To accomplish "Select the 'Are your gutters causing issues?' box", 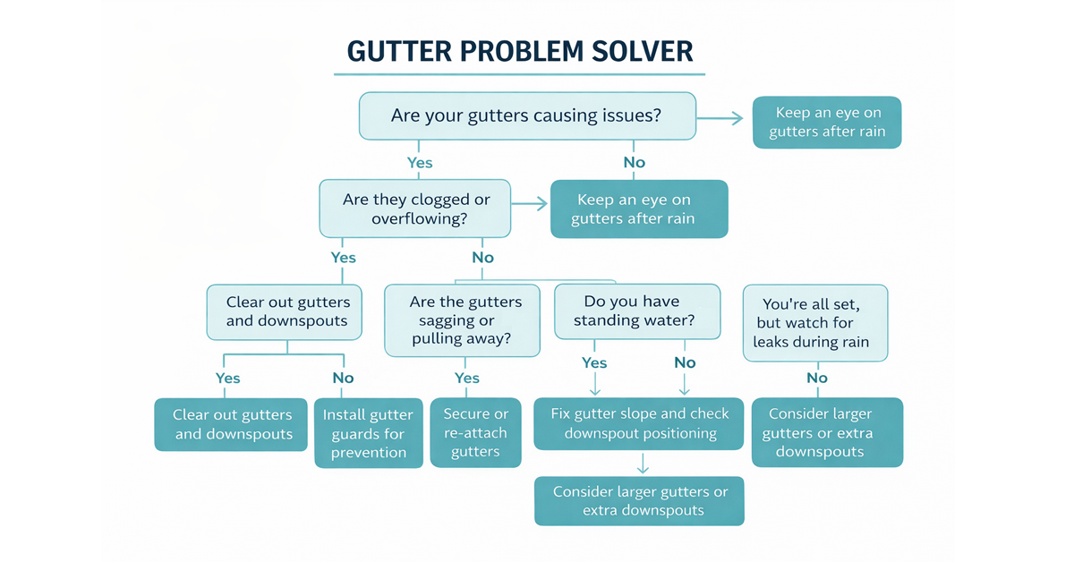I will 527,116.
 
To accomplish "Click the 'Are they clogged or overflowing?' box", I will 416,209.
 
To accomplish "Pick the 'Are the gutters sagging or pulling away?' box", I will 462,321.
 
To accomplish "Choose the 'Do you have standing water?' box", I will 637,311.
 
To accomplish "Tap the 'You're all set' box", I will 814,322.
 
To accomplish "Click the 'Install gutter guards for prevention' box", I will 368,433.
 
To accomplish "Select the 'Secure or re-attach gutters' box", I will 475,432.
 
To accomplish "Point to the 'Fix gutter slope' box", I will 638,423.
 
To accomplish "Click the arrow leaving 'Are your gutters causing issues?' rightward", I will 721,118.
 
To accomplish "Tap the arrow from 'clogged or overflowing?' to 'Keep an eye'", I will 530,204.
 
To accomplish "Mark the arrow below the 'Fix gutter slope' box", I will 641,464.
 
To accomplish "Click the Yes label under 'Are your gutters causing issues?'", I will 420,163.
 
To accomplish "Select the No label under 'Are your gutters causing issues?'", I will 634,163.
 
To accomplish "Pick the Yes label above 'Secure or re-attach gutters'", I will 466,378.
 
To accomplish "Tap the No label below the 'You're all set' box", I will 816,378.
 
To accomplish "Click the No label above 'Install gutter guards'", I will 343,378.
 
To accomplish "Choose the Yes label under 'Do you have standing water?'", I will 594,362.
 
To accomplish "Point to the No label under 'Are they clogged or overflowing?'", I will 482,258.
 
